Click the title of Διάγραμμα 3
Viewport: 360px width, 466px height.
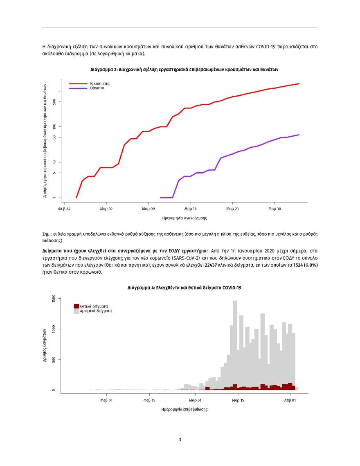pos(184,70)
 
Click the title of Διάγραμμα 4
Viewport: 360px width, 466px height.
pos(184,288)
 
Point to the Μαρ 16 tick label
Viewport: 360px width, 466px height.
pos(191,208)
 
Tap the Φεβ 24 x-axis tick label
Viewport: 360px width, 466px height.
pos(65,208)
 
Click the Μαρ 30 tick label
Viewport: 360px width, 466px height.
pos(274,208)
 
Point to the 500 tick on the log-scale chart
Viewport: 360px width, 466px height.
pos(54,101)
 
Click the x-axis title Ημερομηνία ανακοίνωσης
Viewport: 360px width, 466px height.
pos(184,218)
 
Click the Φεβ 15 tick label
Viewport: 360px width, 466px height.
pos(150,400)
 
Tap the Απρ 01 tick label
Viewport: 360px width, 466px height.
pos(290,400)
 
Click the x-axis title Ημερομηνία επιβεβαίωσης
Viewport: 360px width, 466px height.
pos(184,409)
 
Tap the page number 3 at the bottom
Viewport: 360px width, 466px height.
pos(180,440)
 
